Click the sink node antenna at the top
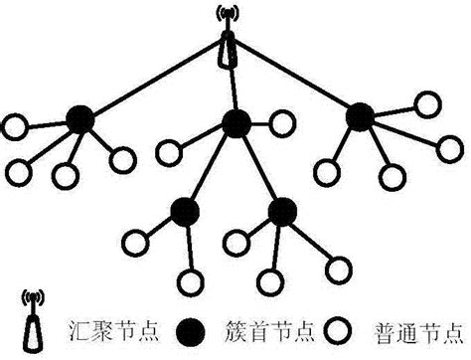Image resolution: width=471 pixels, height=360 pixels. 230,40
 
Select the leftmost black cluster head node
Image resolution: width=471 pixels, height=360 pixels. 81,120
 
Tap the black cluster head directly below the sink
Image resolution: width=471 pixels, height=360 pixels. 235,123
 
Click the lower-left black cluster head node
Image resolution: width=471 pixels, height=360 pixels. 184,211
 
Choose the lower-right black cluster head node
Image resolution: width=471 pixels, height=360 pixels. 283,211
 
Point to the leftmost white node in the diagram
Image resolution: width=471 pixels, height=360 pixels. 14,127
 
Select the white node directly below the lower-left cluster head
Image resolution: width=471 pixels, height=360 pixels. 186,280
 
